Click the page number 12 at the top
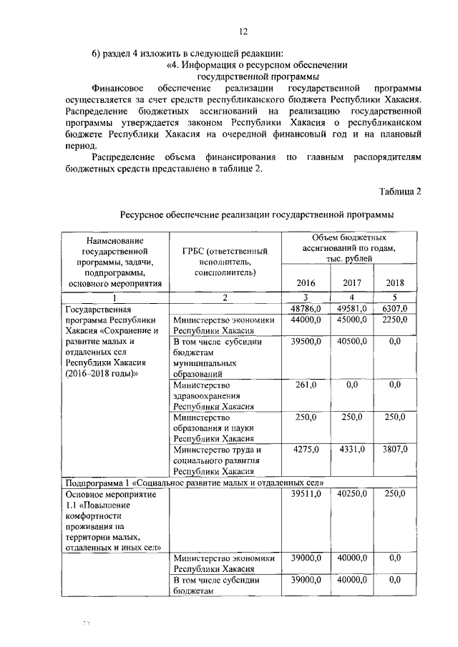coord(243,31)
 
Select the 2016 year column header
coord(306,282)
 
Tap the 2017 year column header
coord(351,282)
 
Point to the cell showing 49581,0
coord(351,308)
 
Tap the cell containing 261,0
coord(306,385)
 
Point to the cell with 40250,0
coord(351,493)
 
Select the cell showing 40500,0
coord(351,342)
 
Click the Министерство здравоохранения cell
coord(214,395)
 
